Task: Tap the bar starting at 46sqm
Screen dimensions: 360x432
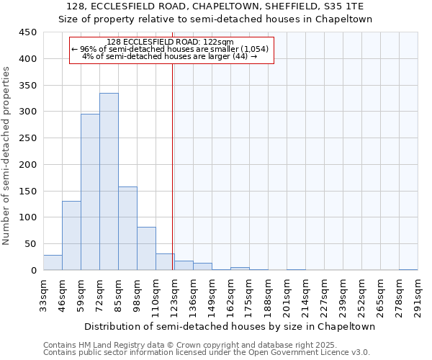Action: click(71, 235)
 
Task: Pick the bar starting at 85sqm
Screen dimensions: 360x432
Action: click(127, 228)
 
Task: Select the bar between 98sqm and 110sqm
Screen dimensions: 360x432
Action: click(146, 248)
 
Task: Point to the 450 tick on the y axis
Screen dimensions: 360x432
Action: click(29, 32)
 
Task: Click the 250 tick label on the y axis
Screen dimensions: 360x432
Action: click(29, 138)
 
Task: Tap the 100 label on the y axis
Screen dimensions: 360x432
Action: click(29, 217)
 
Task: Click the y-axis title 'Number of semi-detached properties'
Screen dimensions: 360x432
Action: click(6, 156)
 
